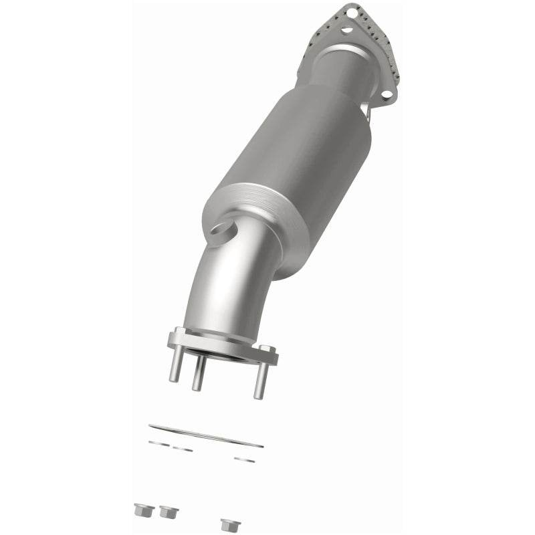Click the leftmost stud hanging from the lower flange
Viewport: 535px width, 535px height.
point(175,368)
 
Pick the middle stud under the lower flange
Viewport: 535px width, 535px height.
point(198,378)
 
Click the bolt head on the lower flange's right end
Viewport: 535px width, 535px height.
point(267,350)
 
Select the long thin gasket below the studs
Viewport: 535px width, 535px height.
point(206,435)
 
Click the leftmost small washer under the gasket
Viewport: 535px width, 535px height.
point(158,442)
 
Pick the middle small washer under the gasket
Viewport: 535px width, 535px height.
point(182,449)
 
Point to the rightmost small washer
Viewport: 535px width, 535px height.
point(243,459)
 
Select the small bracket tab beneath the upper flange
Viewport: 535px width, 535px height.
point(366,114)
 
